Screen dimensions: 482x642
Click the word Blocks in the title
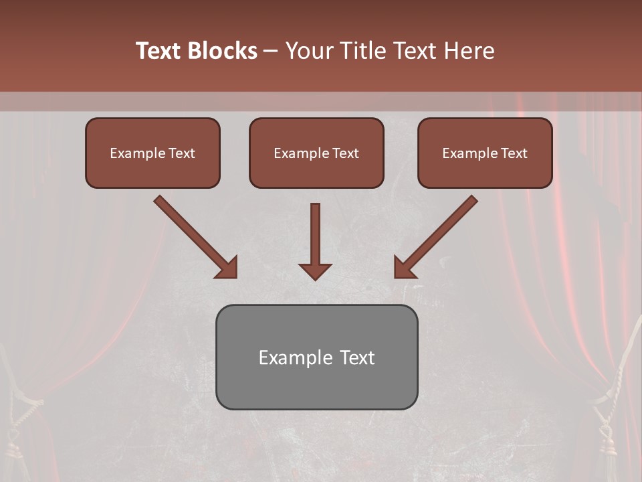pyautogui.click(x=223, y=51)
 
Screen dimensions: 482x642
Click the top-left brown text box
pyautogui.click(x=152, y=153)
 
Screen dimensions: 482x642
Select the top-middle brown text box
pyautogui.click(x=316, y=153)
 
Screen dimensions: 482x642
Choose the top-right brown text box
pyautogui.click(x=485, y=153)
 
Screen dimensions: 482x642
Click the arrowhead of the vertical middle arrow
pyautogui.click(x=315, y=271)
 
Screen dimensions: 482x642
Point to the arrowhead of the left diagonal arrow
pyautogui.click(x=227, y=268)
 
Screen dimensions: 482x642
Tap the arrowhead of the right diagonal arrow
pyautogui.click(x=403, y=268)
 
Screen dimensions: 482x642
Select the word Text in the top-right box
pyautogui.click(x=514, y=153)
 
